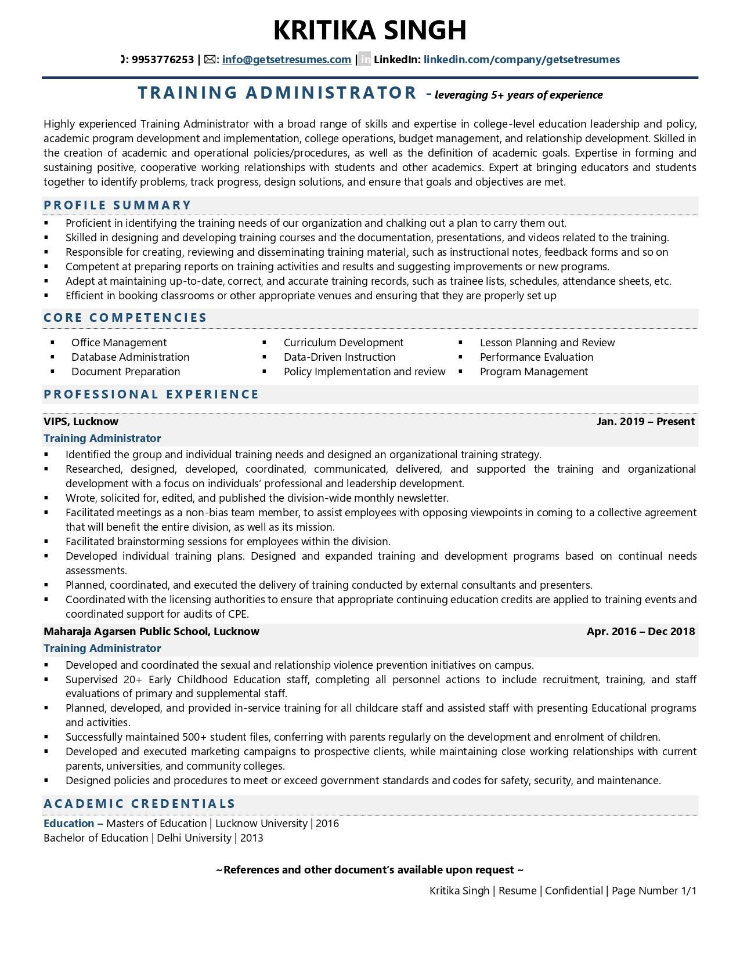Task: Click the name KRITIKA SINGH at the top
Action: coord(370,30)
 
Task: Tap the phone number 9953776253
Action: coord(163,59)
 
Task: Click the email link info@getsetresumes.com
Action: coord(286,59)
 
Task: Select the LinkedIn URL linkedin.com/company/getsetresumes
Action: coord(521,59)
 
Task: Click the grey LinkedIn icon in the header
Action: coord(364,59)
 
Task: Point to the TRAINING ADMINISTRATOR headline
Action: coord(277,93)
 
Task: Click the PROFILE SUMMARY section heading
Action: coord(117,205)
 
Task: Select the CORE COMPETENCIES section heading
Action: coord(125,318)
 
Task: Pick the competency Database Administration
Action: coord(130,357)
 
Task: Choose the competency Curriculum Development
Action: coord(343,343)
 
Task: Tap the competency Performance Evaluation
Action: coord(536,357)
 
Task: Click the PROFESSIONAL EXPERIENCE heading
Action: coord(151,394)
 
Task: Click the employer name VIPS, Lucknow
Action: coord(81,422)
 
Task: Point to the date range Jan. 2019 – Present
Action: coord(645,422)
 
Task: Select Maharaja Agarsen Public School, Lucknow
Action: coord(151,632)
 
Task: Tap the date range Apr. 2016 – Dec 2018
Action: coord(640,632)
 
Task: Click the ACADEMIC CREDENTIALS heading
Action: coord(139,804)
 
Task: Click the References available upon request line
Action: coord(370,870)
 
